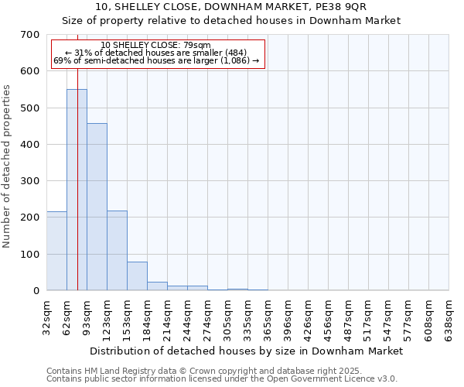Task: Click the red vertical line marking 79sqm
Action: click(x=78, y=155)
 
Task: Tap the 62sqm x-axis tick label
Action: click(x=67, y=315)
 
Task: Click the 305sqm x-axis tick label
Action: click(x=228, y=317)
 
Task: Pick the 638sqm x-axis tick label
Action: click(x=449, y=317)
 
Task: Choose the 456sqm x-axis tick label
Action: click(x=329, y=317)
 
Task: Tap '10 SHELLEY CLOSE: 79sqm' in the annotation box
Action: click(x=155, y=45)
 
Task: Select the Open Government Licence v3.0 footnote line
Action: click(x=222, y=379)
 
